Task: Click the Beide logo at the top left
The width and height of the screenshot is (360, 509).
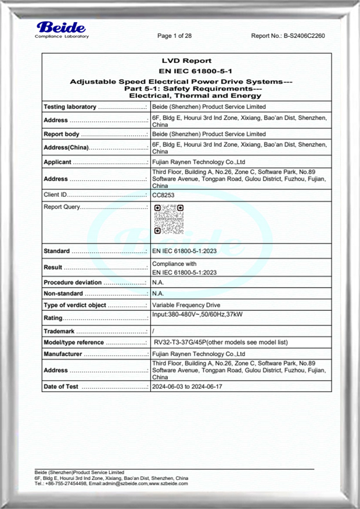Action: [x=61, y=29]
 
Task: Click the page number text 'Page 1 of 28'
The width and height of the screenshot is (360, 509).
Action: [x=175, y=36]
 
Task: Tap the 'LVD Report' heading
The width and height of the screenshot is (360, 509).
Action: [x=186, y=60]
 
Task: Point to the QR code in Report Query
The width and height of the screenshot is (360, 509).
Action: [x=169, y=219]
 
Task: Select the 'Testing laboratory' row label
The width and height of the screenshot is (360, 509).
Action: [x=69, y=107]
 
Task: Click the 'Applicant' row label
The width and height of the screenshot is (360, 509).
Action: [x=57, y=162]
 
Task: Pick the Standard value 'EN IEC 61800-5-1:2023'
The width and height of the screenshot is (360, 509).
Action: [x=184, y=251]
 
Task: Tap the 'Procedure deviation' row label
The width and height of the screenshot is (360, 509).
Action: [x=73, y=282]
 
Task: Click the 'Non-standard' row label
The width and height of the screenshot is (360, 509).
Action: [x=63, y=293]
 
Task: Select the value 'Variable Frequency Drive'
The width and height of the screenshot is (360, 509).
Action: [x=186, y=305]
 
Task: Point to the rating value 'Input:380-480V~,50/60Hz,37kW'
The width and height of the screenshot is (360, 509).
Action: [x=197, y=314]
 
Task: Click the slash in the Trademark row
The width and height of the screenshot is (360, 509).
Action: [x=153, y=331]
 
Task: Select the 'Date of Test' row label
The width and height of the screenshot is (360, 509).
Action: [x=61, y=386]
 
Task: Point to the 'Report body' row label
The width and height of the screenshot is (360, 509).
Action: [x=61, y=134]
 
